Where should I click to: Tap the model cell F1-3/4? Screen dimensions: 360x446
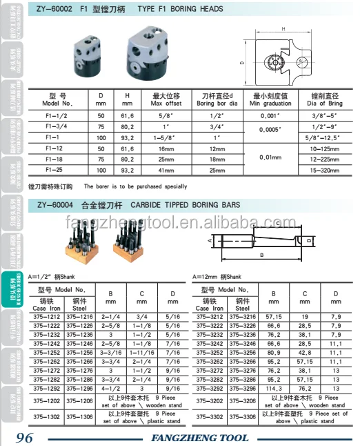pos(55,128)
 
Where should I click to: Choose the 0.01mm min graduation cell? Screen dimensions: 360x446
pos(265,158)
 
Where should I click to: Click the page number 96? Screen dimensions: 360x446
pos(24,437)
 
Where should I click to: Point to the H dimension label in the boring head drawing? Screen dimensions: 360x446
pos(283,28)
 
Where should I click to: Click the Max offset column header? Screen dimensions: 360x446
pos(166,99)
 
